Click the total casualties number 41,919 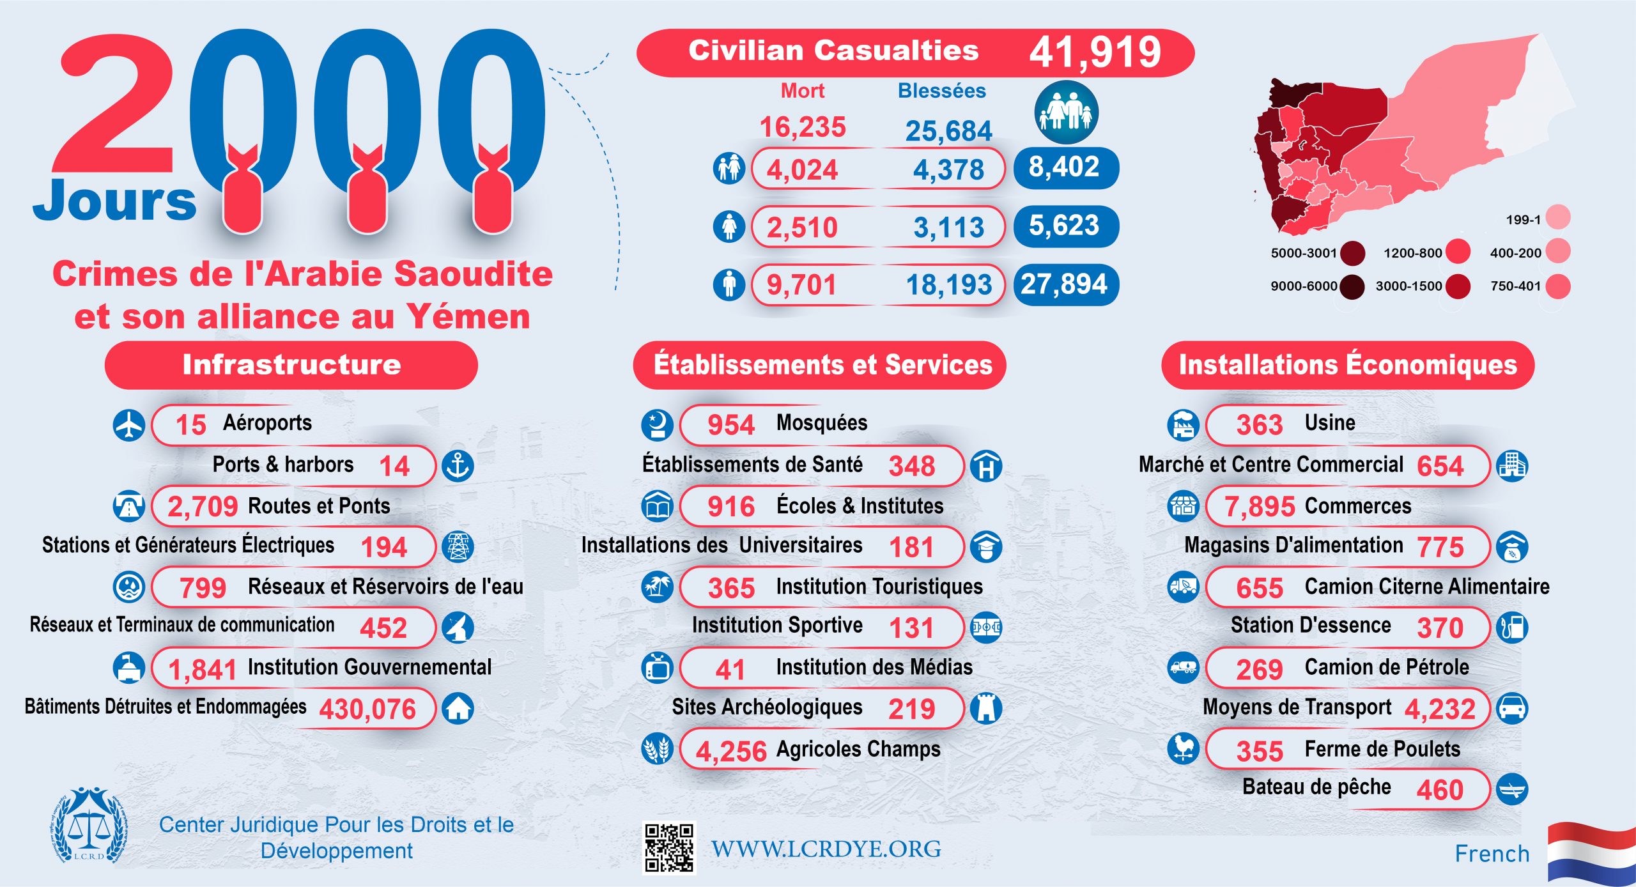(x=1095, y=52)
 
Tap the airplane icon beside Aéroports (x=129, y=424)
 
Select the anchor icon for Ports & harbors (x=458, y=465)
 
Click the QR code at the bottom (x=668, y=847)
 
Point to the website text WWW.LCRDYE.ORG (x=826, y=849)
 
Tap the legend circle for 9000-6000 (x=1352, y=286)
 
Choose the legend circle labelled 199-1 (x=1559, y=217)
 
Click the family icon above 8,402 (x=1066, y=112)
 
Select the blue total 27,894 (x=1065, y=284)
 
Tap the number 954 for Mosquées (x=731, y=425)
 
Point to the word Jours (x=115, y=201)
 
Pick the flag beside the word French (x=1591, y=853)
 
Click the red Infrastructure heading (x=291, y=365)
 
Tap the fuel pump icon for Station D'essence (x=1512, y=628)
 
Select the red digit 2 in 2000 (x=115, y=105)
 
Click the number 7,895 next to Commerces (x=1259, y=507)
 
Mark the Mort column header (x=803, y=91)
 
